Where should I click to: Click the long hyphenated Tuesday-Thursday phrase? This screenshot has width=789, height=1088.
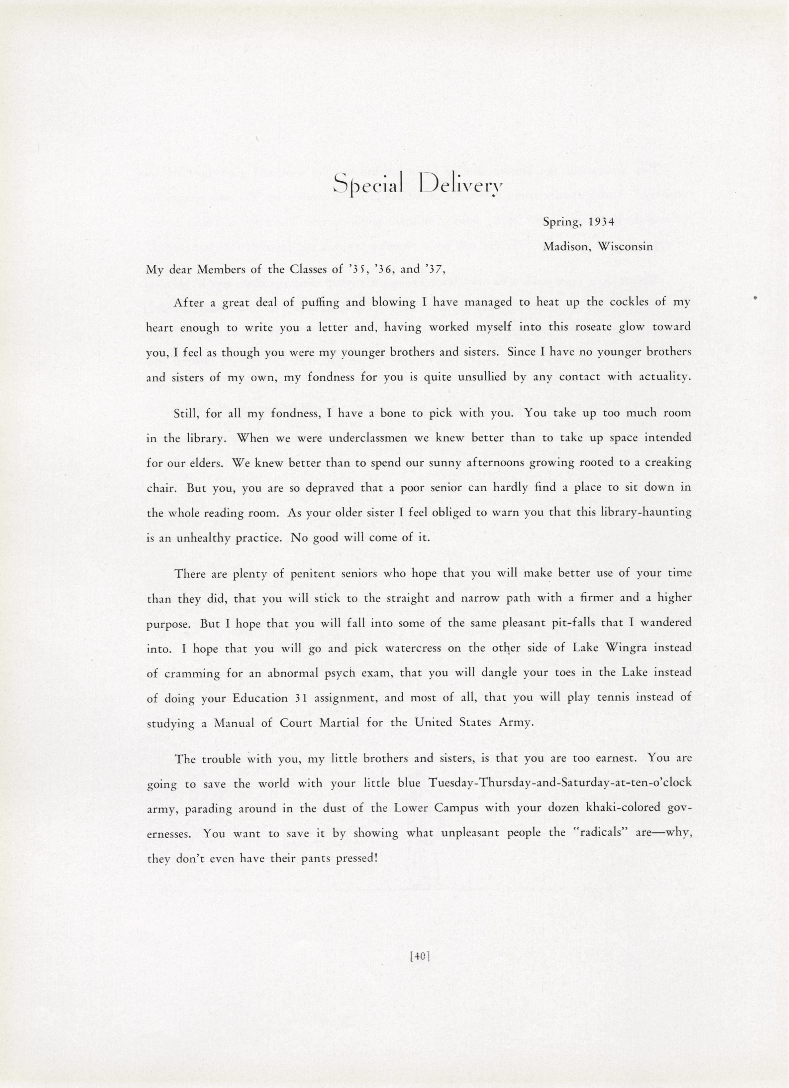[560, 784]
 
